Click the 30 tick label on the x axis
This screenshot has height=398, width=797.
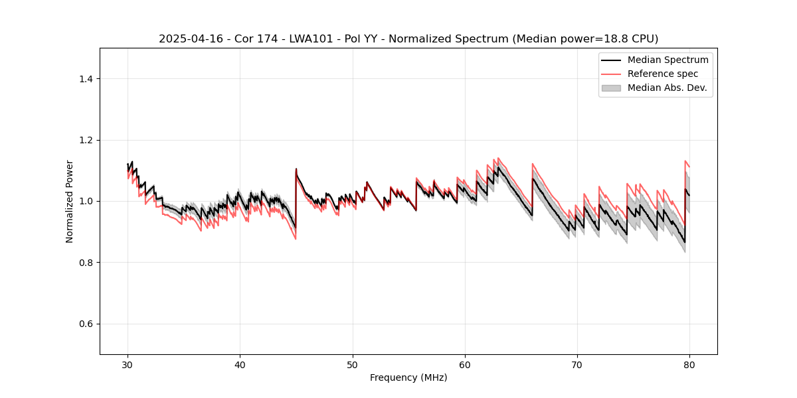pos(128,365)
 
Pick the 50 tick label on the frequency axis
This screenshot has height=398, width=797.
pos(353,365)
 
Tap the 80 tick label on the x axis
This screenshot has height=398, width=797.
pos(689,365)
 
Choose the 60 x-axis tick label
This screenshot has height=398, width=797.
pos(465,365)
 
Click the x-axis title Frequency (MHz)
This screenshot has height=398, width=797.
pos(408,377)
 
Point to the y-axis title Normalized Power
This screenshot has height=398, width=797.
pos(70,201)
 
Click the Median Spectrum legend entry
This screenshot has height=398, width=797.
pos(667,60)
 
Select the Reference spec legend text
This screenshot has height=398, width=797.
pos(663,74)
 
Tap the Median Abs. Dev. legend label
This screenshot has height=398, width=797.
pos(667,88)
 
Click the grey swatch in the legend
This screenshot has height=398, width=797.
pos(611,88)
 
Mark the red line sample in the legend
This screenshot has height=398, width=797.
pos(611,74)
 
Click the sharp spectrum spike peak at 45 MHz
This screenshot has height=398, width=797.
pos(296,168)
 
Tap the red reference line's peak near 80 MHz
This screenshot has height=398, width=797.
pos(685,161)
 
